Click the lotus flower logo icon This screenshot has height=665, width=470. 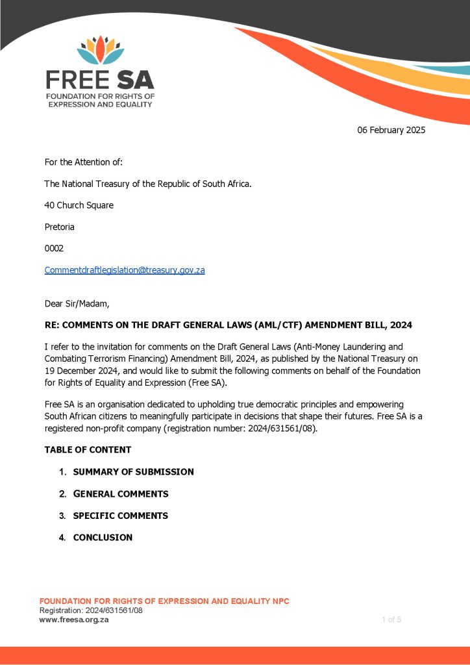100,51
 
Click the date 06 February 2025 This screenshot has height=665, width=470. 391,130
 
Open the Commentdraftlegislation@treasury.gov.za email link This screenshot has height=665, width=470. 125,270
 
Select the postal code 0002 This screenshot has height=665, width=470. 54,248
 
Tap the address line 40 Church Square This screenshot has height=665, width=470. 79,205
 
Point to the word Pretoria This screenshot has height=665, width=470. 59,227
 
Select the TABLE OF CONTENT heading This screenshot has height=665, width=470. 88,449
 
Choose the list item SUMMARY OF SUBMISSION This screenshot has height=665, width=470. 133,472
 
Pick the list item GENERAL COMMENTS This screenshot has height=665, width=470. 121,494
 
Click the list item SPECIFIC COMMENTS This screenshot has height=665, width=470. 121,516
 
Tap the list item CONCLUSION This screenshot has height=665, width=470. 103,538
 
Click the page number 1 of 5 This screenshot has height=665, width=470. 391,620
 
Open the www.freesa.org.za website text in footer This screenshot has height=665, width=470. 74,620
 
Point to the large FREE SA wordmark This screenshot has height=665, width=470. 100,79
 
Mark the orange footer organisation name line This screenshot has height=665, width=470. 164,601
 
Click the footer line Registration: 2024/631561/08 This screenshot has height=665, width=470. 91,610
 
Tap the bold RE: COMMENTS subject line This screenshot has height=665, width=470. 228,325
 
